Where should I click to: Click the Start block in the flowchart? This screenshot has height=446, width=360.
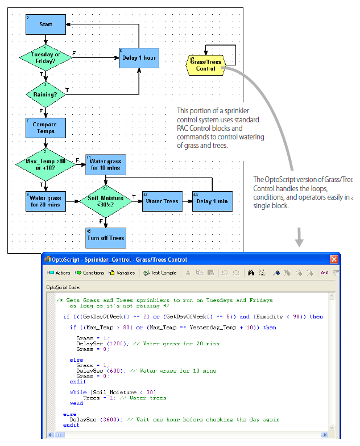[x=45, y=25]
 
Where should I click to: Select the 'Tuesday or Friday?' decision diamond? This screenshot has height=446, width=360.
[x=45, y=57]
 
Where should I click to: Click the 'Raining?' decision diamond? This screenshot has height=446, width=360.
[x=45, y=94]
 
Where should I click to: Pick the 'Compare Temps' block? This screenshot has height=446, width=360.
[x=45, y=128]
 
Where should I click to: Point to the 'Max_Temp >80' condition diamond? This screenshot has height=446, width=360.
[x=45, y=164]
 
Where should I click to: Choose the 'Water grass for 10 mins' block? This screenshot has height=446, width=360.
[x=105, y=164]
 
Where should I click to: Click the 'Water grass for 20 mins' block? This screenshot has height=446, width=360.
[x=45, y=201]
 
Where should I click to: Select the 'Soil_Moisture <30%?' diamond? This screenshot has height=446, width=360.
[x=105, y=201]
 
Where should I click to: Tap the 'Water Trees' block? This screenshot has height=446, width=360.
[x=162, y=201]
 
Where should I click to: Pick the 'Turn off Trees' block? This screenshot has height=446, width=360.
[x=105, y=238]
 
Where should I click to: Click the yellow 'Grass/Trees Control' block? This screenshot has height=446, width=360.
[x=205, y=65]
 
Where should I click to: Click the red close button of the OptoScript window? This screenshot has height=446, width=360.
[x=334, y=259]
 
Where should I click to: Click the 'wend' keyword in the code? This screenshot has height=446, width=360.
[x=76, y=403]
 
